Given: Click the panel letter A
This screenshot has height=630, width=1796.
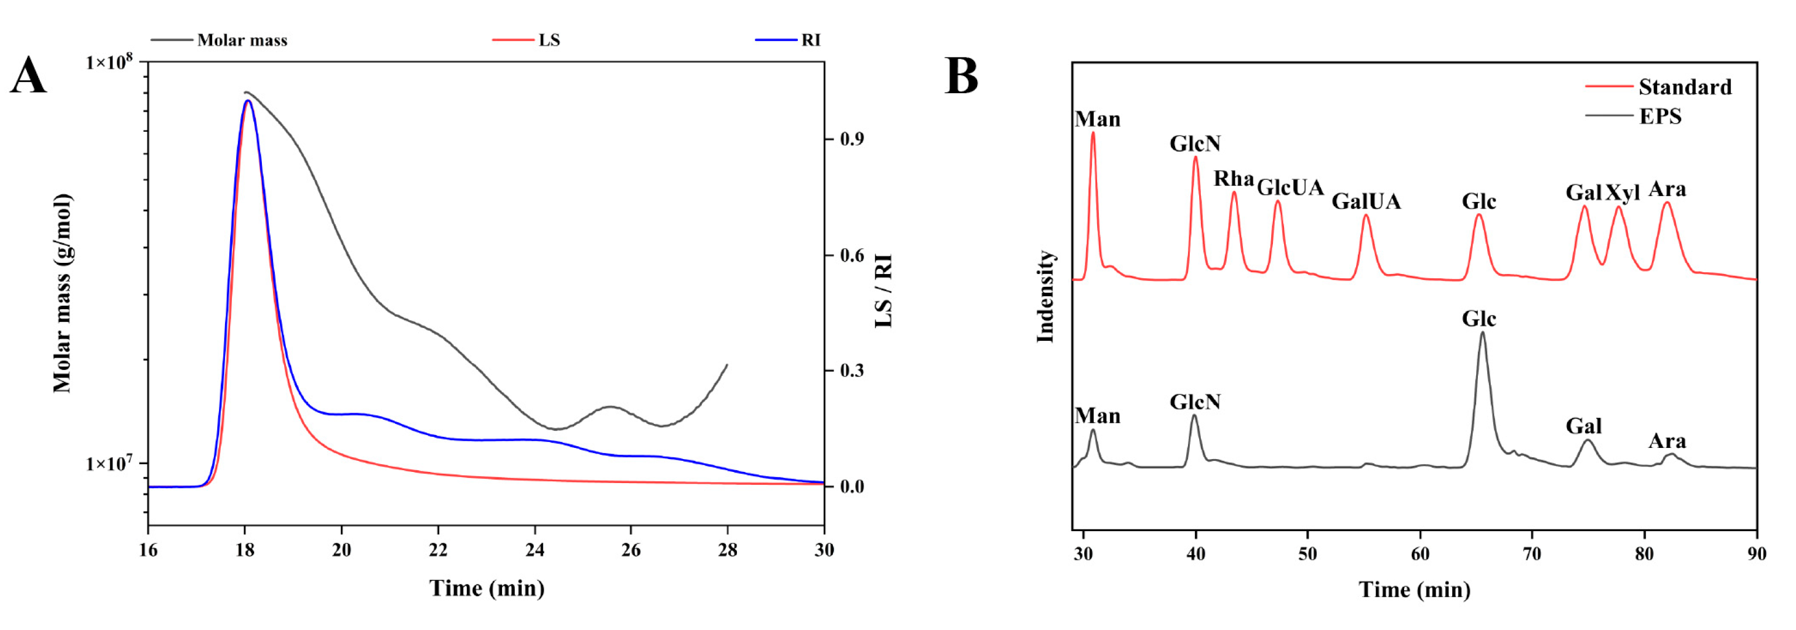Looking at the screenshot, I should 28,76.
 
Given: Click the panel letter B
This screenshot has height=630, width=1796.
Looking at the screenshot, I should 961,76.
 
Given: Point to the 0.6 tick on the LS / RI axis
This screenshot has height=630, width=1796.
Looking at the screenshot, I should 852,256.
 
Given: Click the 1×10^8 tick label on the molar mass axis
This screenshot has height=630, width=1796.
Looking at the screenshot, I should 110,63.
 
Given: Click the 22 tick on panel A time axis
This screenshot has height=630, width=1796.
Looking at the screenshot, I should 438,550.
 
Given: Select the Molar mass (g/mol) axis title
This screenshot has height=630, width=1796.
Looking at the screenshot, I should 63,293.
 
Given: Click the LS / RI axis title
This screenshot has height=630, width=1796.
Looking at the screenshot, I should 883,292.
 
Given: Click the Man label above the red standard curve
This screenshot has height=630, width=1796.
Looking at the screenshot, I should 1097,120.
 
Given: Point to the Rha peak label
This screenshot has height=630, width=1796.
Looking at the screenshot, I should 1232,180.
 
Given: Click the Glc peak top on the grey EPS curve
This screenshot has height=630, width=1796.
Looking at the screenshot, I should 1482,334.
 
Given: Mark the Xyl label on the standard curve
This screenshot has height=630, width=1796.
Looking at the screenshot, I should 1623,193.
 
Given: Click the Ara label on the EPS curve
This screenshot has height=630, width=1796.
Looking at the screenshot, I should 1667,441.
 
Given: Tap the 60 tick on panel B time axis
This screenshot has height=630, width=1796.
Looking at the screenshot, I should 1420,554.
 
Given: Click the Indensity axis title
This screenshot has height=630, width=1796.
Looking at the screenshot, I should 1045,297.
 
